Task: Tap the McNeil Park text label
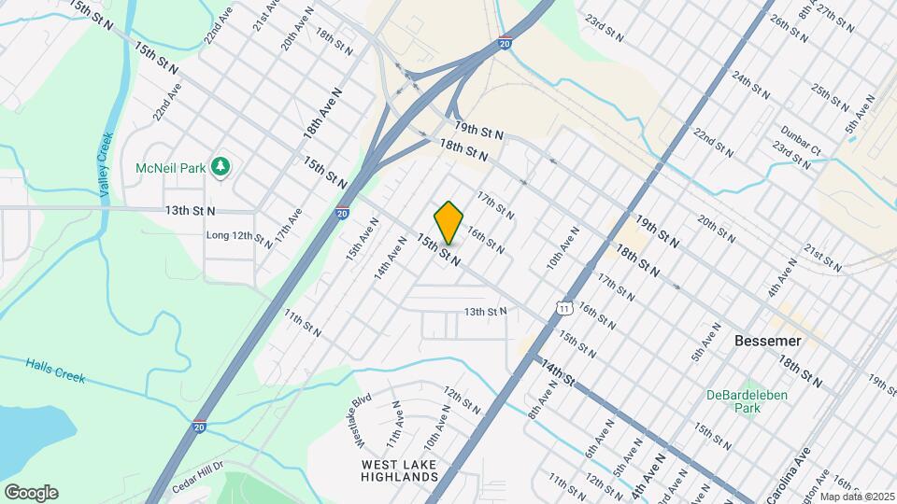[171, 167]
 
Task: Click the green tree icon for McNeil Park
[221, 167]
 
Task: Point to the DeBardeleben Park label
[747, 401]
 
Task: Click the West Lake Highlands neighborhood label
[399, 469]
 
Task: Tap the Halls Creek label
[55, 371]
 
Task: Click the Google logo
[31, 493]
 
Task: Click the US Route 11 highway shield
[562, 307]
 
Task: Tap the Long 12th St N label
[240, 238]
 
